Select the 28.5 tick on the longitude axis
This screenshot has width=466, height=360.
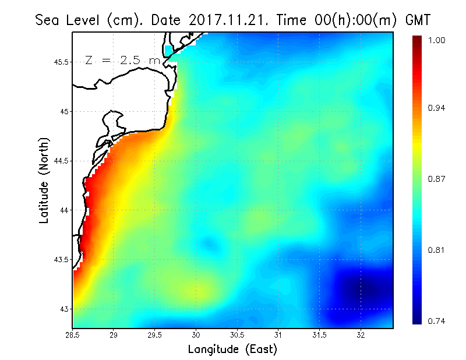72,335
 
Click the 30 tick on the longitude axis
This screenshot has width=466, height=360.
196,335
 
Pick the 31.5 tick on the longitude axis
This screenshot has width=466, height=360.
320,335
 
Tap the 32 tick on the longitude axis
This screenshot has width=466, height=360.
361,335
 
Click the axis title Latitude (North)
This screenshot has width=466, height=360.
44,180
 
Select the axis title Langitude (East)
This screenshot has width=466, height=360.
232,350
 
